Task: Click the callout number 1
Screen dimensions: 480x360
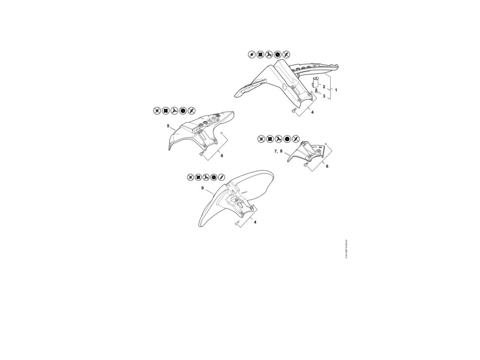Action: (x=336, y=89)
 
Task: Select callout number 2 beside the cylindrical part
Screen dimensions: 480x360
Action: (x=323, y=87)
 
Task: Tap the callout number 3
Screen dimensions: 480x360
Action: (x=324, y=96)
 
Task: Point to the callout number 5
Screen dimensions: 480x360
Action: (x=168, y=126)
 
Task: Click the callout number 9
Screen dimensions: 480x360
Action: (x=202, y=188)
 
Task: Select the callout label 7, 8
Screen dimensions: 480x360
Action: (x=278, y=152)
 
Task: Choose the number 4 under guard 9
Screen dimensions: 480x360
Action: (x=255, y=222)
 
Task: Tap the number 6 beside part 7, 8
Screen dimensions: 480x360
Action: (x=327, y=166)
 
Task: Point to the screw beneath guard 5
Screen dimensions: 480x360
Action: (x=202, y=154)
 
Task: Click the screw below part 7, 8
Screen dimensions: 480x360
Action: (x=306, y=165)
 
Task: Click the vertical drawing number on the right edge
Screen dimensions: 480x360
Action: (x=346, y=249)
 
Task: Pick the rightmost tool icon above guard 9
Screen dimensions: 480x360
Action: (x=222, y=177)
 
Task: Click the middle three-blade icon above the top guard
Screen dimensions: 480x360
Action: (x=269, y=55)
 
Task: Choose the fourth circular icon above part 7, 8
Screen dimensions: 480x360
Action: (x=287, y=139)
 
